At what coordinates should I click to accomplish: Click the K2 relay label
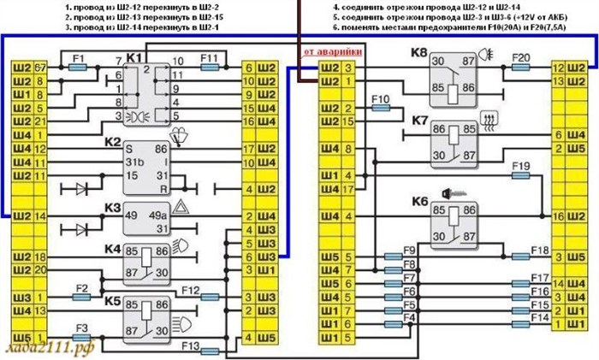coord(113,140)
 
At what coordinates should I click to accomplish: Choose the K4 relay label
coord(113,249)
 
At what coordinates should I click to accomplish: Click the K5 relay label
coord(113,300)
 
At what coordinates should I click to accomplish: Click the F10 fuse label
coord(382,100)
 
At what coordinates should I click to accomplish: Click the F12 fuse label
coord(190,288)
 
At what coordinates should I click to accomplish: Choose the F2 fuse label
coord(82,288)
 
